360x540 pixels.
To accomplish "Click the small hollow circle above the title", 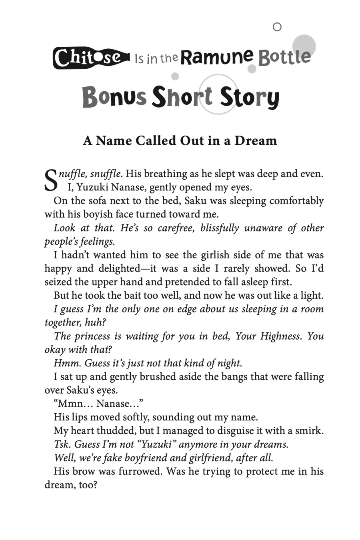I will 277,27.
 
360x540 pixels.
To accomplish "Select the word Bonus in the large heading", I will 114,98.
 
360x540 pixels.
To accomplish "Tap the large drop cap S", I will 51,180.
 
